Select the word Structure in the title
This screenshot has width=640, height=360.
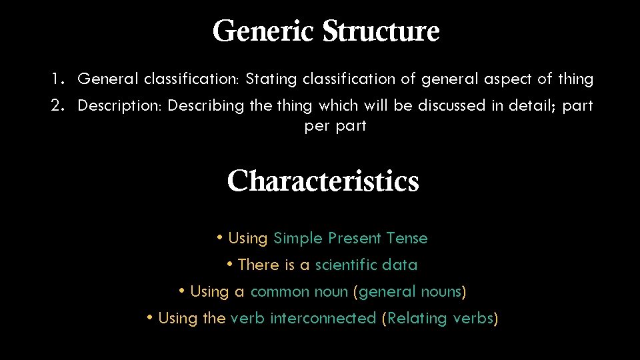click(x=381, y=31)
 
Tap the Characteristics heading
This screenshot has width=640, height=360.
click(x=323, y=181)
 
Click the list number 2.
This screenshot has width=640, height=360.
click(x=57, y=106)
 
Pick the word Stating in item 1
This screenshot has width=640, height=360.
click(x=271, y=79)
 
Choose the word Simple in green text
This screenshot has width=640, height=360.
click(x=298, y=239)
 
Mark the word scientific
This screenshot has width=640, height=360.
click(x=345, y=265)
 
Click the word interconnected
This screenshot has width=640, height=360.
click(x=323, y=319)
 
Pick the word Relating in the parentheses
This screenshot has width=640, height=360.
click(x=418, y=319)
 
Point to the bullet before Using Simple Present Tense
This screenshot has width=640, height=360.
click(x=220, y=237)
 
